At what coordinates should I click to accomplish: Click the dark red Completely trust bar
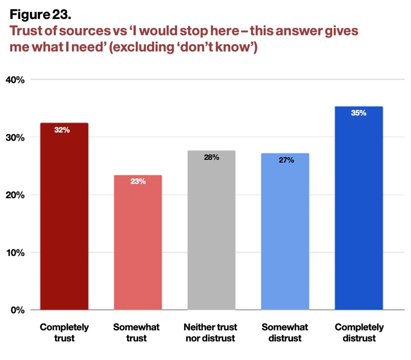tap(64, 216)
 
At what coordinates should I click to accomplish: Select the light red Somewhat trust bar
tap(138, 242)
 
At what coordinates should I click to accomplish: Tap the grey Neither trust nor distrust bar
tap(212, 230)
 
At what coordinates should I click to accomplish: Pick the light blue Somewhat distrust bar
tap(285, 232)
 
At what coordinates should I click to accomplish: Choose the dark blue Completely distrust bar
tap(359, 208)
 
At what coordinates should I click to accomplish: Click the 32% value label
tap(62, 130)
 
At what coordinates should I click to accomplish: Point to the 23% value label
tap(138, 181)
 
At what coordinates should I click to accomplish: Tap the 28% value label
tap(212, 157)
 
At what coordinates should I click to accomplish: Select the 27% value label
tap(286, 160)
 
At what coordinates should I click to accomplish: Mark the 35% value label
tap(359, 113)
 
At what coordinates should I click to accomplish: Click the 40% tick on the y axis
tap(15, 80)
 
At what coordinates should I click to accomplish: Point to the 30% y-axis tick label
tap(15, 138)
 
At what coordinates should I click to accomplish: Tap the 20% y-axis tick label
tap(15, 195)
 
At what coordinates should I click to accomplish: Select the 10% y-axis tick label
tap(15, 253)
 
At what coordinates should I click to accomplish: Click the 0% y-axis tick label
tap(17, 310)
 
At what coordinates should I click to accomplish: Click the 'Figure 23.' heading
tap(40, 15)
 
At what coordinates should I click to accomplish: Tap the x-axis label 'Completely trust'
tap(64, 332)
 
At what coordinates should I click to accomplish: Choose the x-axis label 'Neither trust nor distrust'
tap(210, 332)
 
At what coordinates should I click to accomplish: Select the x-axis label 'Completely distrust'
tap(359, 332)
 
